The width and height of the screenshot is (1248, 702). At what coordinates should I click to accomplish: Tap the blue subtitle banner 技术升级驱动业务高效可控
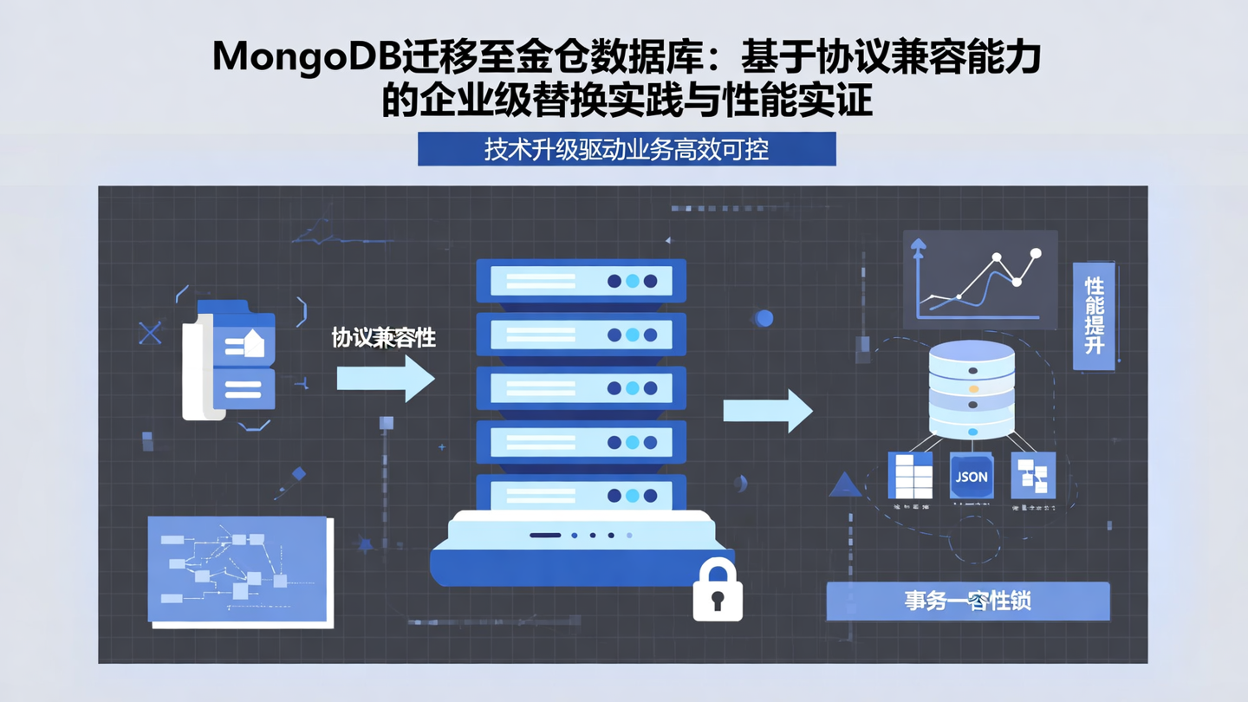pos(627,149)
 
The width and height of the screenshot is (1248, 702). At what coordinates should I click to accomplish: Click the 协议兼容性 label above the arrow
pos(384,338)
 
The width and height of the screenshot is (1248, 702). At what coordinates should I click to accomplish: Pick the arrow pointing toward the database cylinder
pos(768,410)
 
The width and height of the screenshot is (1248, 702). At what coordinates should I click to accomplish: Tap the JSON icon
pos(971,476)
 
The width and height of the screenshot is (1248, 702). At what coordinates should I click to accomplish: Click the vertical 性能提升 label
pos(1094,315)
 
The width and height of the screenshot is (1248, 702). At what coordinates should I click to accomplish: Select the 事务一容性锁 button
pos(967,601)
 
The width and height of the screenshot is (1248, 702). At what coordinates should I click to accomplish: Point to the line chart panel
pos(980,279)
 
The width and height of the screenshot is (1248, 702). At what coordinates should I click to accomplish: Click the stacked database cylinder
pos(972,389)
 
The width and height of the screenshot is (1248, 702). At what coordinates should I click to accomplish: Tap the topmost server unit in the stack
pos(581,281)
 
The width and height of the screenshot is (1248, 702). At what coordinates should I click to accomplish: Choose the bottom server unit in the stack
pos(581,496)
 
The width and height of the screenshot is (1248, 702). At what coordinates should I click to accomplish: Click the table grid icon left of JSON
pos(911,476)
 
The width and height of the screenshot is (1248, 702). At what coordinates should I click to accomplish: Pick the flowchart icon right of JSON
pos(1033,475)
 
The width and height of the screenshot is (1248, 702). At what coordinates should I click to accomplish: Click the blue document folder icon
pos(230,360)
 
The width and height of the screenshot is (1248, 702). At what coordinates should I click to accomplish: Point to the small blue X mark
pos(151,333)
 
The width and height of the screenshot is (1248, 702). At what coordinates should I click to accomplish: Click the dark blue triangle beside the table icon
pos(844,484)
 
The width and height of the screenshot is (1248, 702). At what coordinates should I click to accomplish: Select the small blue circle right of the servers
pos(764,318)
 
